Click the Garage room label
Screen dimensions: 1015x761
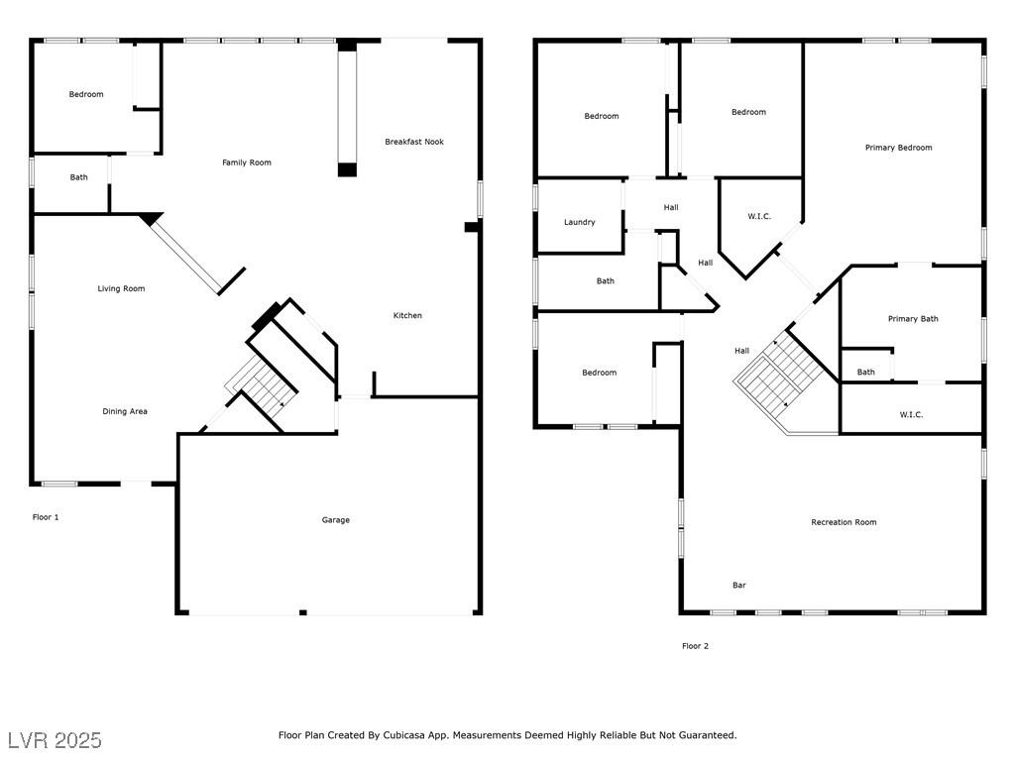coord(335,519)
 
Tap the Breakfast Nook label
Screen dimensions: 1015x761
coord(414,142)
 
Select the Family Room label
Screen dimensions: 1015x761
coord(247,163)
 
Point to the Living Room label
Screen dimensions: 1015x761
coord(121,288)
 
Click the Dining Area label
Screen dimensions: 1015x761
coord(125,411)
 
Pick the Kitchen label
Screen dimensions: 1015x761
coord(407,315)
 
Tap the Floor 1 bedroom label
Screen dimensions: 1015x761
coord(86,94)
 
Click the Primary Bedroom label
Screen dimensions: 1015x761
coord(898,148)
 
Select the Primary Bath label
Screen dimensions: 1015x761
coord(913,318)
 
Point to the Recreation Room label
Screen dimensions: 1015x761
coord(844,522)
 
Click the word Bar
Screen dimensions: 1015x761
coord(739,585)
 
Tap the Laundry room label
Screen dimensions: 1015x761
coord(579,222)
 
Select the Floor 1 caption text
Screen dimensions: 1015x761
coord(46,517)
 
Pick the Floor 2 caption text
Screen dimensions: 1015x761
coord(695,646)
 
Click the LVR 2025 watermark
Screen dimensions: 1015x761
coord(56,740)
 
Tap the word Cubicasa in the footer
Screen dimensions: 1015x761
coord(407,735)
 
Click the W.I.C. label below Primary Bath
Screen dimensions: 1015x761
coord(911,415)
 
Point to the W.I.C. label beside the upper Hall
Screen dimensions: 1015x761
coord(759,216)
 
